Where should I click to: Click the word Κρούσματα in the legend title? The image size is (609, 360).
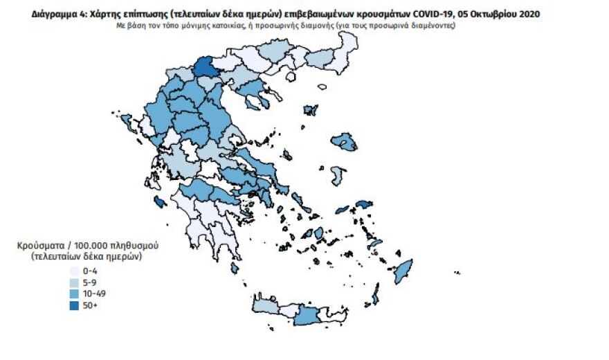coord(42,246)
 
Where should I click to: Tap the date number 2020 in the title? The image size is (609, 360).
coord(527,13)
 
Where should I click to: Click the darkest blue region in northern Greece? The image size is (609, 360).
coord(204,67)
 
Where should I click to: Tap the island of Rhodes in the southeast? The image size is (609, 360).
coord(402,271)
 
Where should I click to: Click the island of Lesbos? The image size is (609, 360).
coord(344,142)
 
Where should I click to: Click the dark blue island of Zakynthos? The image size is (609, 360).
coord(160,202)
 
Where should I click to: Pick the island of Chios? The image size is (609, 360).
coord(337,175)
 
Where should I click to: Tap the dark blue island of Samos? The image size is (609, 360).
coord(364,204)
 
